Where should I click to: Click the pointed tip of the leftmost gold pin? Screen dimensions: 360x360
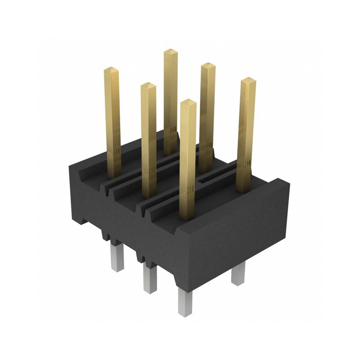coord(111,70)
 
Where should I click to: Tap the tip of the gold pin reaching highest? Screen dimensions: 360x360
coord(171,51)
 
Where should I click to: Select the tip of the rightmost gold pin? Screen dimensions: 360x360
coord(248,81)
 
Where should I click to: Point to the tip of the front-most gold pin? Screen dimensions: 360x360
coord(188,102)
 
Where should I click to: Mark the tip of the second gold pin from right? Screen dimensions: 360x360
coord(207,65)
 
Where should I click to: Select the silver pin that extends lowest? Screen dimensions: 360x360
coord(185,301)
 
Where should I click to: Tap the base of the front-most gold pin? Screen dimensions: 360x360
coord(188,216)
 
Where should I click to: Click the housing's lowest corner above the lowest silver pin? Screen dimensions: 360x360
coord(182,286)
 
